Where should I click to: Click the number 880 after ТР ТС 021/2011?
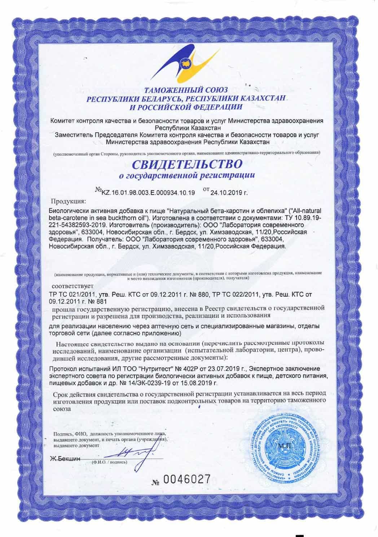click(x=203, y=294)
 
